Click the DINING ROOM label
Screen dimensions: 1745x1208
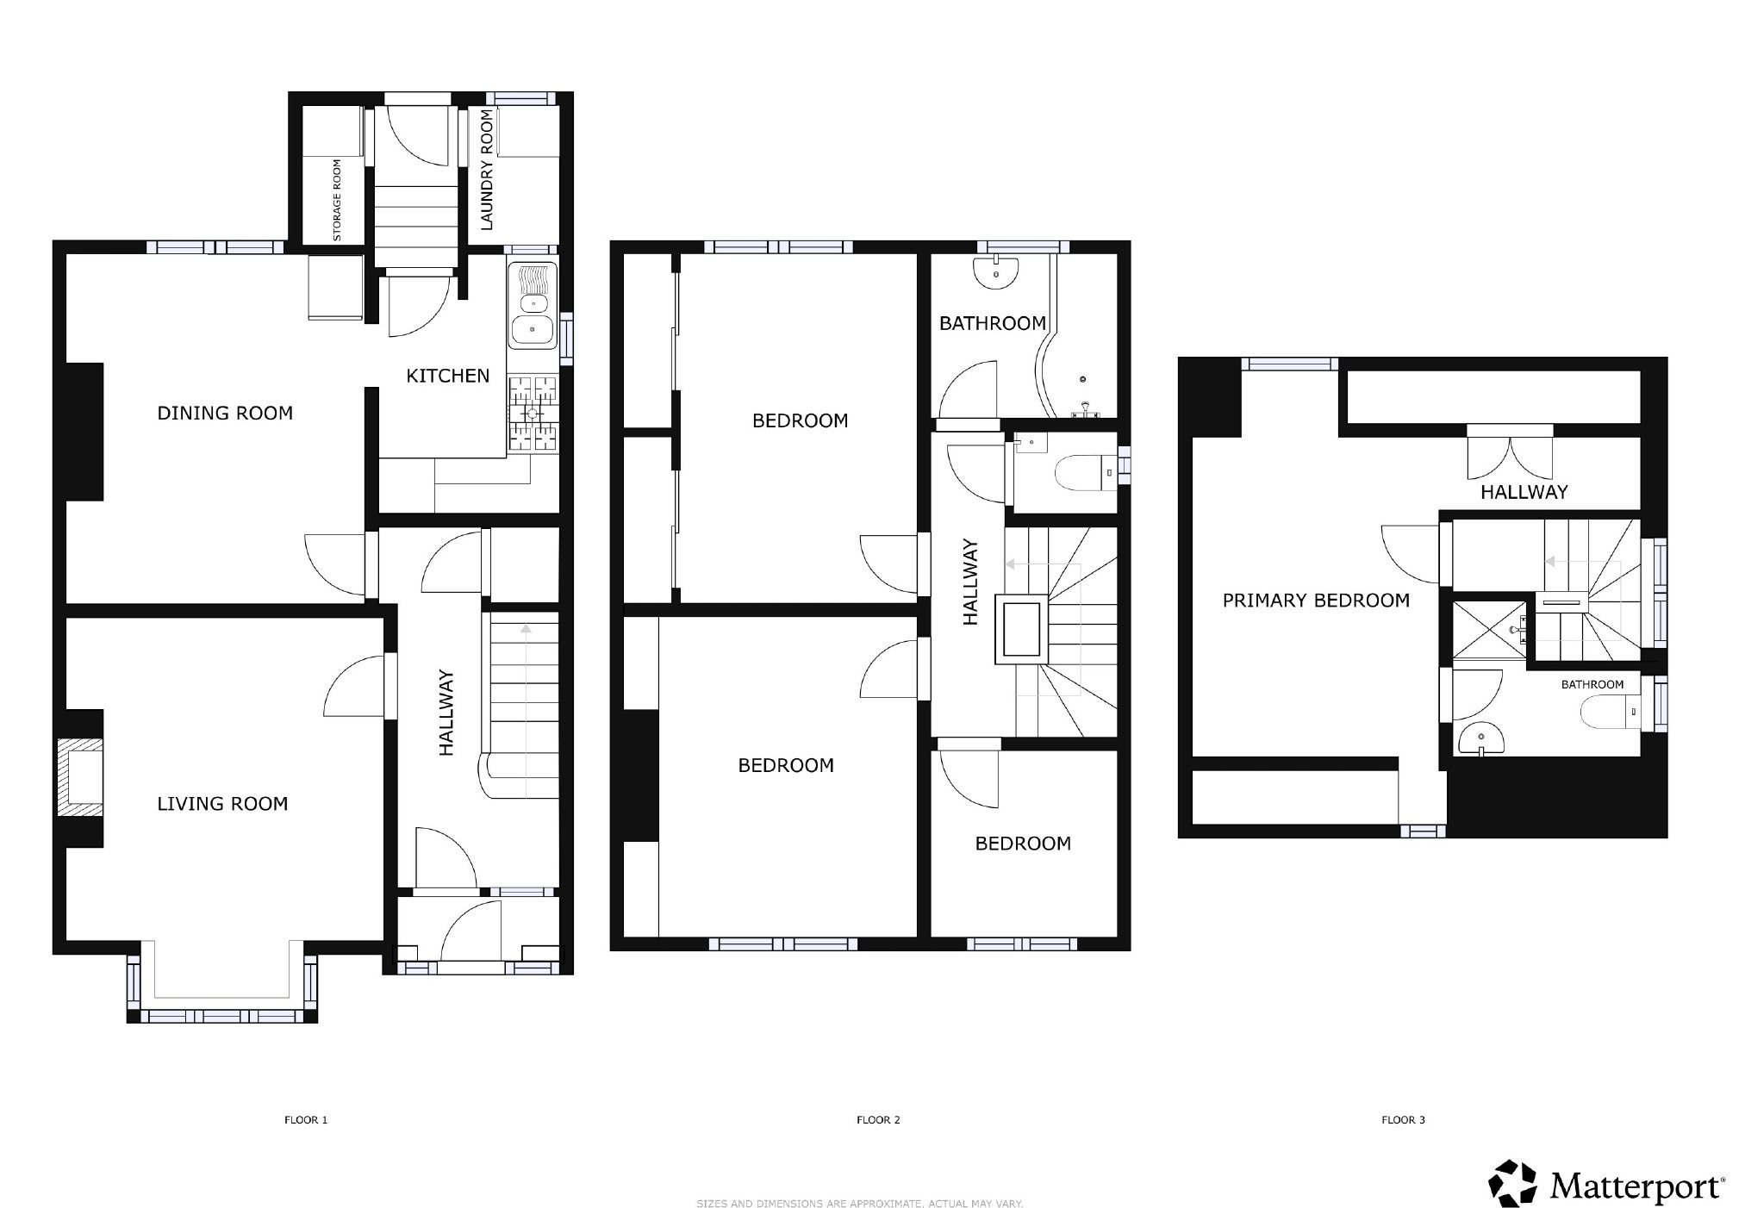pos(225,414)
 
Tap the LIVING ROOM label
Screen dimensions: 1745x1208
pos(222,804)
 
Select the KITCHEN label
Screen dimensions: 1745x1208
pos(447,376)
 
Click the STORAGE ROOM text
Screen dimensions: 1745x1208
pos(337,200)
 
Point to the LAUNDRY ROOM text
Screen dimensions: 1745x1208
pos(487,170)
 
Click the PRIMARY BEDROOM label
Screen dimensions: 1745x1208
pos(1316,601)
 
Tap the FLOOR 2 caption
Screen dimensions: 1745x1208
pos(878,1120)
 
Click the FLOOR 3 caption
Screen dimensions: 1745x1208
pos(1403,1120)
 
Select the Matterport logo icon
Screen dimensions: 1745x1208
pos(1514,1184)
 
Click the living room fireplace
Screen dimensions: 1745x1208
pos(78,777)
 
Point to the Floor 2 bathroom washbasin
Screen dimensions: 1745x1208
pos(996,273)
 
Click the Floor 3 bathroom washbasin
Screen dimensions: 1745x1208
pos(1480,739)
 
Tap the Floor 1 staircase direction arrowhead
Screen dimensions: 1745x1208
pos(525,628)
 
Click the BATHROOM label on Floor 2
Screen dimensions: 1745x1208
pos(992,324)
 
